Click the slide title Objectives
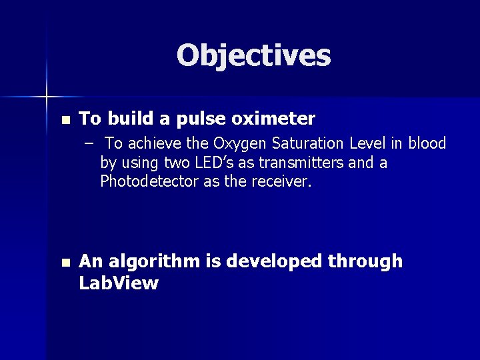tap(253, 56)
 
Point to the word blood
tap(427, 144)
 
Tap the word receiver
tap(284, 181)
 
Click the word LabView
tap(119, 283)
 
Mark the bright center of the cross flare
tap(47, 97)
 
